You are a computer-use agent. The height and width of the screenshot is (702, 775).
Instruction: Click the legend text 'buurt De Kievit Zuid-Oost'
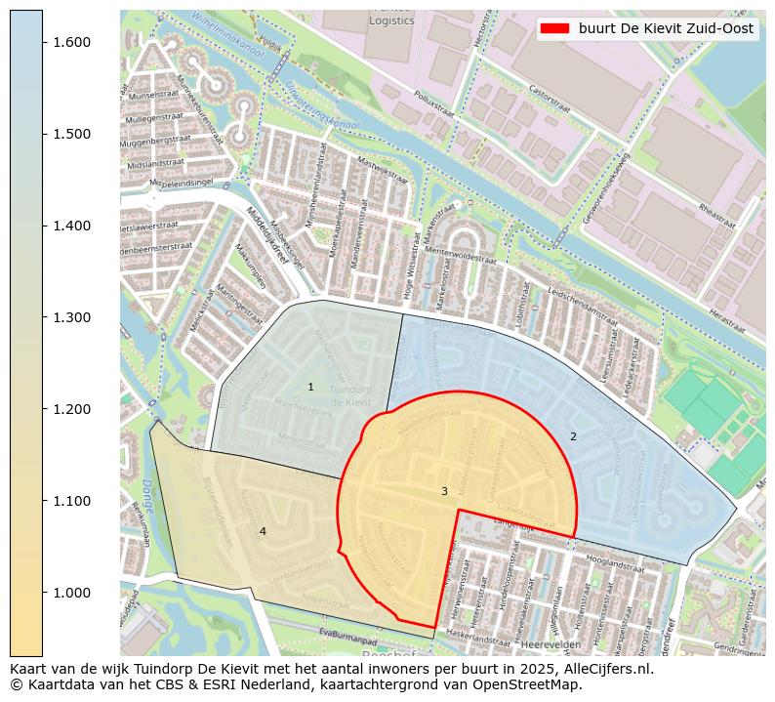click(x=666, y=29)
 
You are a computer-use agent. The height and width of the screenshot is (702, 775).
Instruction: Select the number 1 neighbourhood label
click(x=311, y=388)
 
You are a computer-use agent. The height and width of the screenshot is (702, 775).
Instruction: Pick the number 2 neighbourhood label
click(x=573, y=436)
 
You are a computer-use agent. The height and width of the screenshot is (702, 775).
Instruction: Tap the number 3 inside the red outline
click(x=444, y=491)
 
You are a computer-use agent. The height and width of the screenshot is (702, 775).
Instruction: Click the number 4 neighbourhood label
click(x=263, y=531)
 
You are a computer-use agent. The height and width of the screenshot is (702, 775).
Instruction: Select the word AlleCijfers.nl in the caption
click(x=610, y=670)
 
